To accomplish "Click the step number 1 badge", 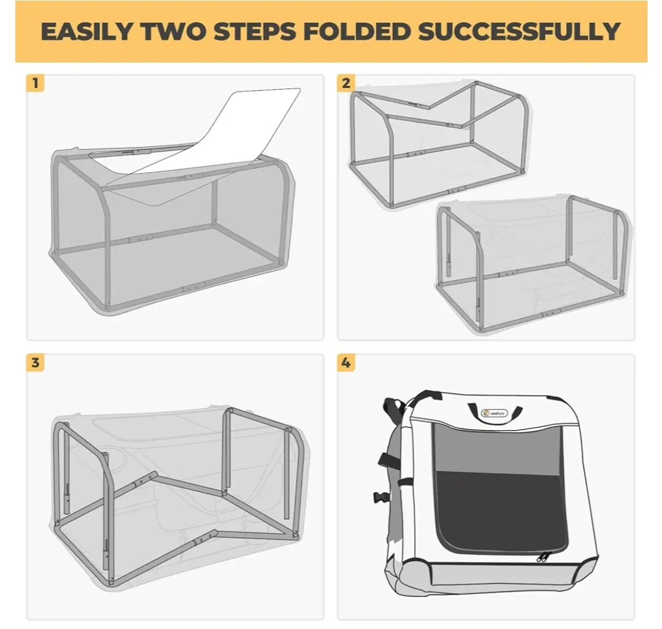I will point(35,83).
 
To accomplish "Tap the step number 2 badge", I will point(346,83).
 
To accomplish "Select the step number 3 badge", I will point(35,363).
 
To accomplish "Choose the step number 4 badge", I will point(346,363).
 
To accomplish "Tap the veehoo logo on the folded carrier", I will point(494,414).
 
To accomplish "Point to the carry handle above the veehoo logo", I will point(494,405).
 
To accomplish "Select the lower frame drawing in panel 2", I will point(531,264).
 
